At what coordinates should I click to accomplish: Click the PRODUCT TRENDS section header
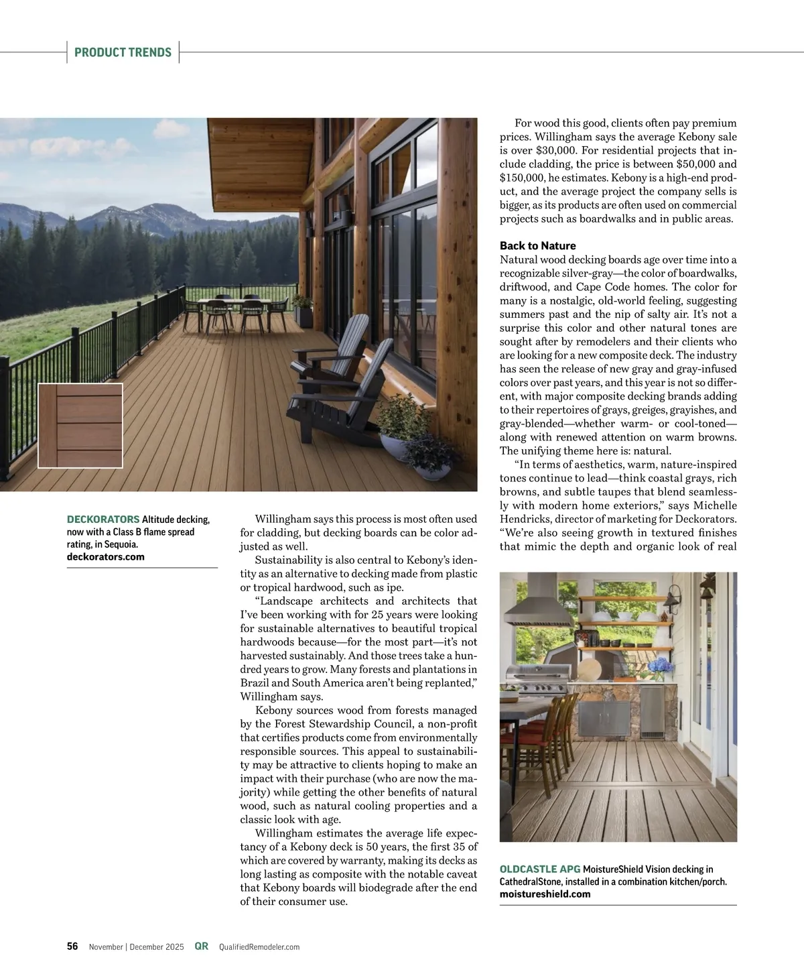point(123,52)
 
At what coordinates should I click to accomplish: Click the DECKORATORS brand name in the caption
point(103,520)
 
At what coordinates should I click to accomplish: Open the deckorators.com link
point(106,556)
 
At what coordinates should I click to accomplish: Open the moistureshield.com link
point(545,894)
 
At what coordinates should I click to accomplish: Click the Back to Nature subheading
point(537,246)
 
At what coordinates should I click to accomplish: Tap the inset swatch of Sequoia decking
point(80,425)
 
